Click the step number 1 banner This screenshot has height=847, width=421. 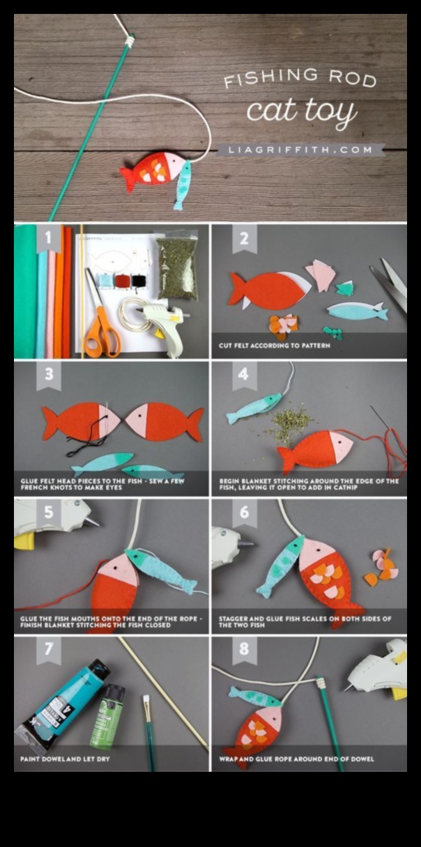pyautogui.click(x=49, y=239)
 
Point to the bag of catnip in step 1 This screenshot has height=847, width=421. pyautogui.click(x=176, y=264)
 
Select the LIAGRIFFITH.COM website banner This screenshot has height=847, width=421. pyautogui.click(x=299, y=150)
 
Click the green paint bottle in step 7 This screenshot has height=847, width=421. pyautogui.click(x=107, y=717)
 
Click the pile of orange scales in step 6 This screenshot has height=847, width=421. pyautogui.click(x=383, y=567)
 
